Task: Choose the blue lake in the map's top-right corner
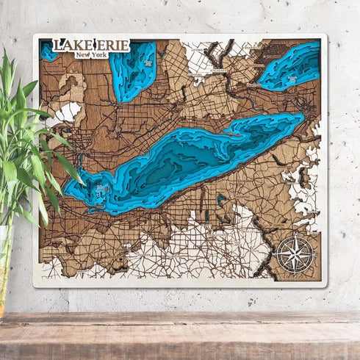coord(290,66)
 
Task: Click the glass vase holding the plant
coord(6,272)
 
